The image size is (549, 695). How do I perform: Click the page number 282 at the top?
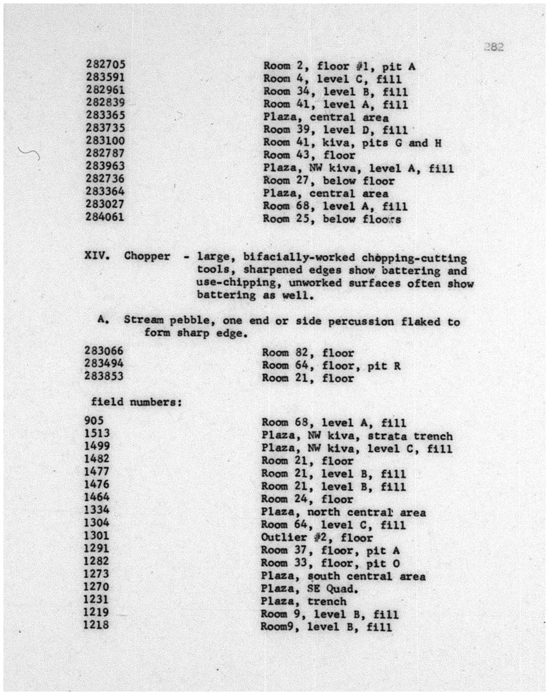(494, 47)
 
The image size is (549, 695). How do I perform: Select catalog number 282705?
(105, 64)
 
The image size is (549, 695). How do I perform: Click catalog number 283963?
(105, 166)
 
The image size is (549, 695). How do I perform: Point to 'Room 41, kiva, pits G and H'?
(352, 143)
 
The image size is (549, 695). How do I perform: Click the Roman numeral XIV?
(97, 255)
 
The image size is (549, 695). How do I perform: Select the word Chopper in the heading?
(147, 256)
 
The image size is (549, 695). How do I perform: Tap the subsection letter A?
(103, 319)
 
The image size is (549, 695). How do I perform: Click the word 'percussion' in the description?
(361, 321)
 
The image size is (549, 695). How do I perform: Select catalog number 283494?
(104, 363)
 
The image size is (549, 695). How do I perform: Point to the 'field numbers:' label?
(136, 402)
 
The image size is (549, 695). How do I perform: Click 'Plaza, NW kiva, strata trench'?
(357, 436)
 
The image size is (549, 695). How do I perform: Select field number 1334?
(97, 510)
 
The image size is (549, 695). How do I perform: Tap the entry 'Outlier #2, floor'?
(317, 538)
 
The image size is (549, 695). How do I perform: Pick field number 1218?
(97, 625)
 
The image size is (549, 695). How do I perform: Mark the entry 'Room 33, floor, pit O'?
(330, 564)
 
